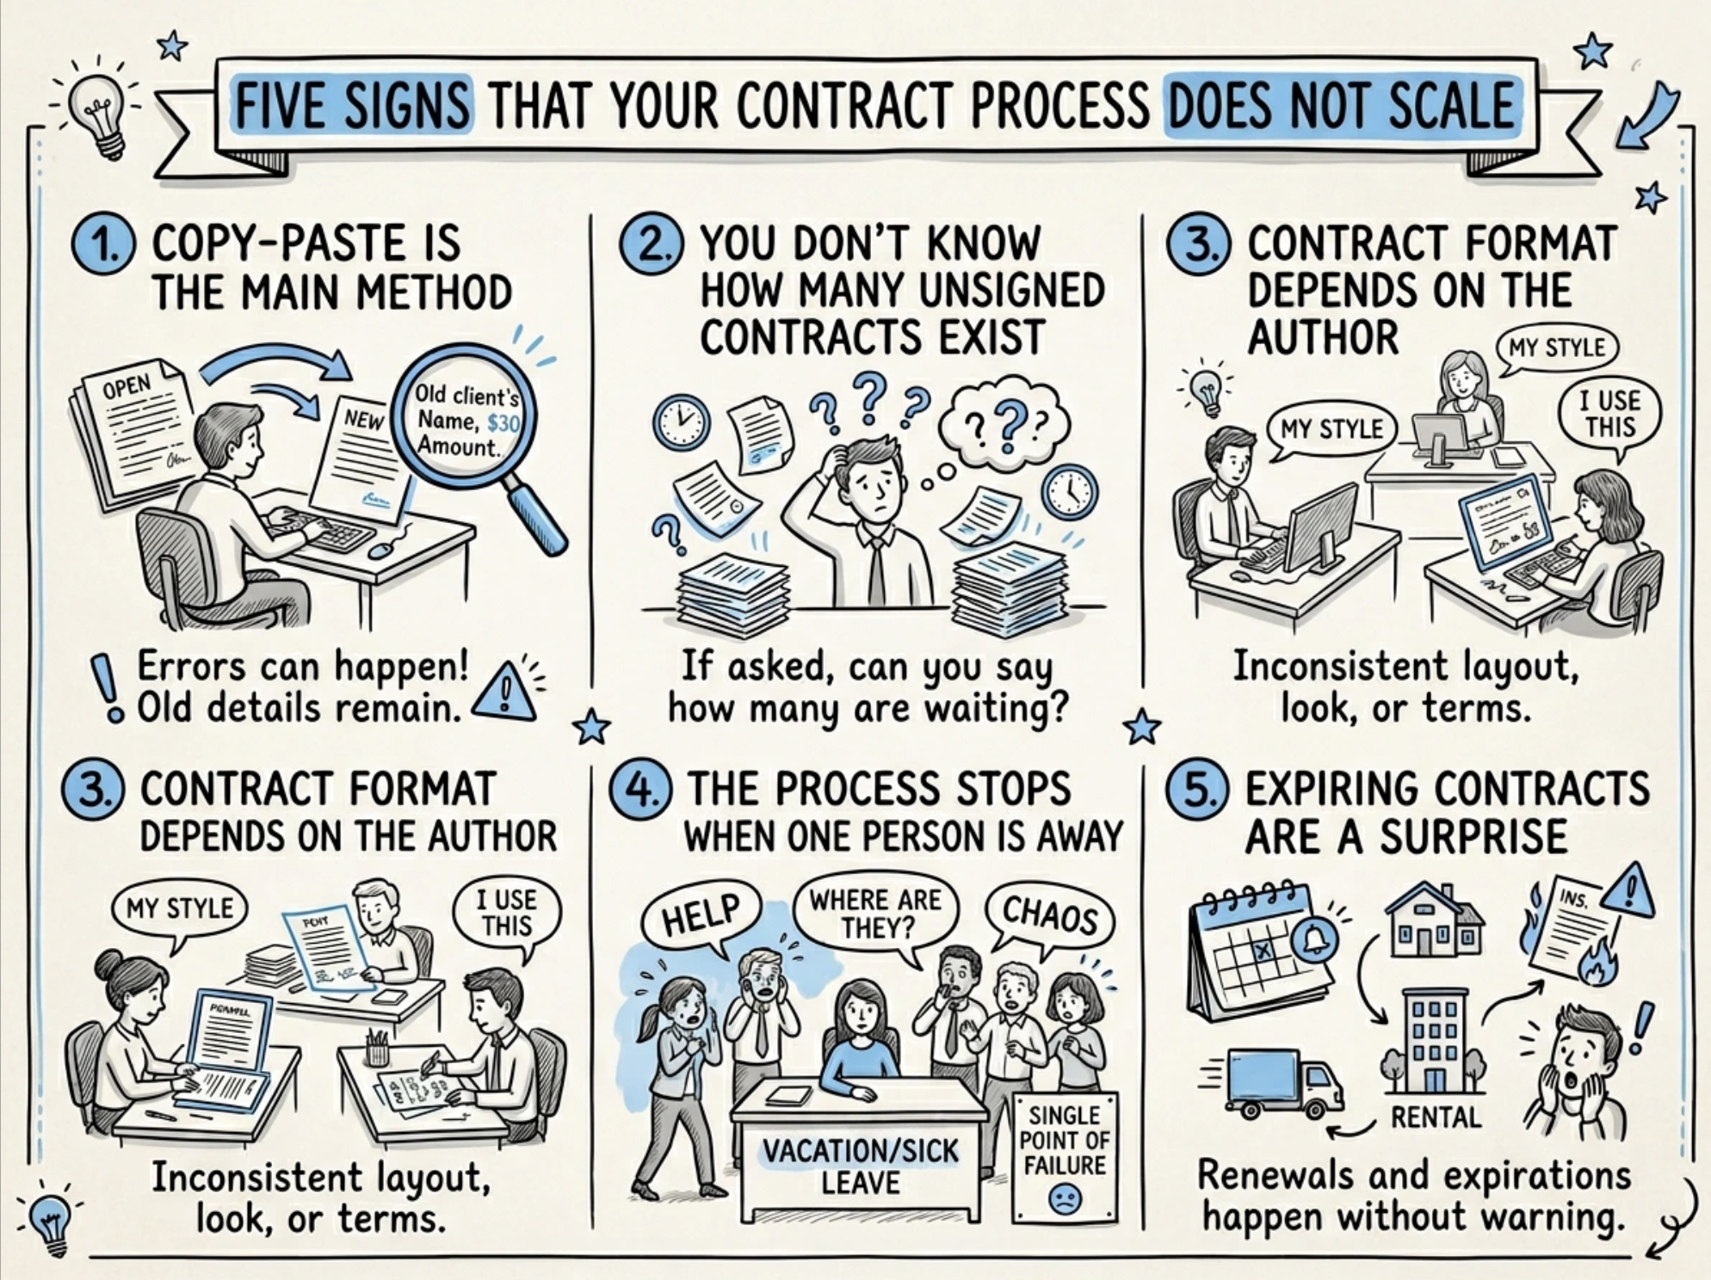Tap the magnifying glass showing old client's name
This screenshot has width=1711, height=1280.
coord(466,421)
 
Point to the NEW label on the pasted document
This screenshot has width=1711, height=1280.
coord(364,420)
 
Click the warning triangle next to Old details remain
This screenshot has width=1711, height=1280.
coord(504,695)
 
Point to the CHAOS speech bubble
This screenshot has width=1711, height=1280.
coord(1049,915)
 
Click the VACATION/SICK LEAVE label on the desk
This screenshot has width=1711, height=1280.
coord(860,1166)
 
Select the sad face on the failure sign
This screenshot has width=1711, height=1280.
coord(1065,1198)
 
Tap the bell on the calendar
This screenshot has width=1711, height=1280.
coord(1315,941)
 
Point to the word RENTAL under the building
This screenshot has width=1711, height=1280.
coord(1436,1117)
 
